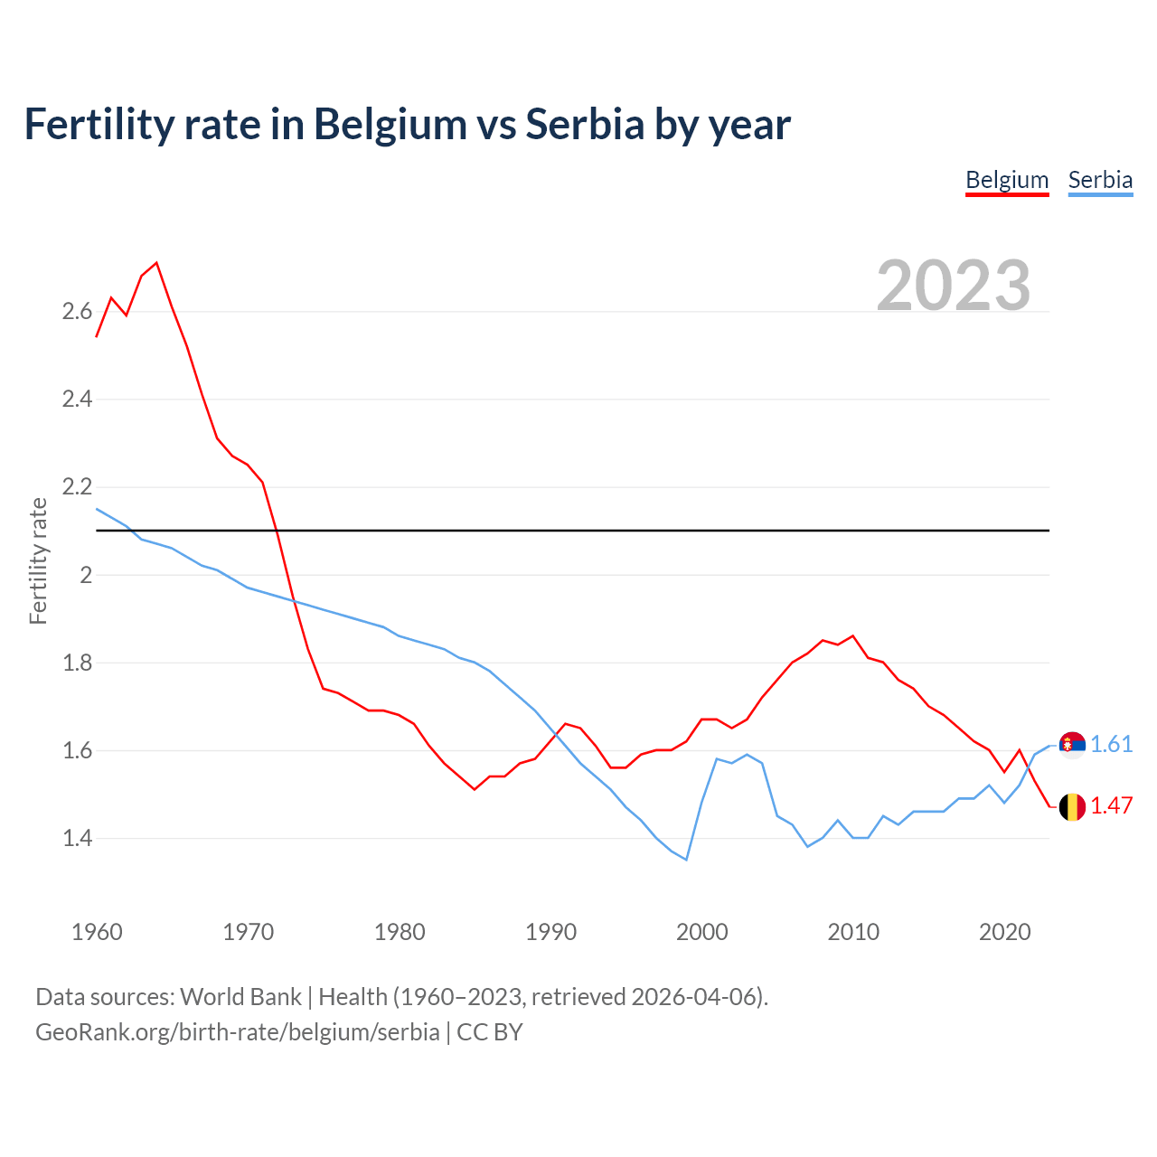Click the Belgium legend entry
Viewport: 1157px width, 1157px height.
pos(1007,180)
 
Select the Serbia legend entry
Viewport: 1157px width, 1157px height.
pos(1100,180)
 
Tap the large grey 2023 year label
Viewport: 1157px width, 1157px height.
pos(954,286)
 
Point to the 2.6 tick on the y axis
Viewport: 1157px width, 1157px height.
pos(77,312)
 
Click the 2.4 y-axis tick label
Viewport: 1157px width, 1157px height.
pos(77,399)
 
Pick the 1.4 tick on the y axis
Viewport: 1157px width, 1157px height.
pos(77,838)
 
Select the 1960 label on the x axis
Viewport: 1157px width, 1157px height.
pos(97,932)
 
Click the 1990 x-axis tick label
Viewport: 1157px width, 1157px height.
pos(550,932)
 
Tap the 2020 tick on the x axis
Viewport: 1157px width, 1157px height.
pos(1004,932)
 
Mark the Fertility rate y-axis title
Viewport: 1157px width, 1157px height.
pos(38,560)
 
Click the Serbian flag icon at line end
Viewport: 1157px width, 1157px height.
pos(1072,745)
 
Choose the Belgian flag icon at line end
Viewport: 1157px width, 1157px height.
pos(1072,806)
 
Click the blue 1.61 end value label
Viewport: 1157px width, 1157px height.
pos(1111,744)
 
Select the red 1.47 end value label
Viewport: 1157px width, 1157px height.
pos(1111,805)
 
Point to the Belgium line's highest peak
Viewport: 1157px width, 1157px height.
pos(156,263)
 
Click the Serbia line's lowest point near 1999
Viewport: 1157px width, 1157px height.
pos(686,859)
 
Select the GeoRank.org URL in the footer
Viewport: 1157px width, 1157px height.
pos(237,1031)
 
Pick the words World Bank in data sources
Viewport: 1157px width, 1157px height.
pos(240,996)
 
